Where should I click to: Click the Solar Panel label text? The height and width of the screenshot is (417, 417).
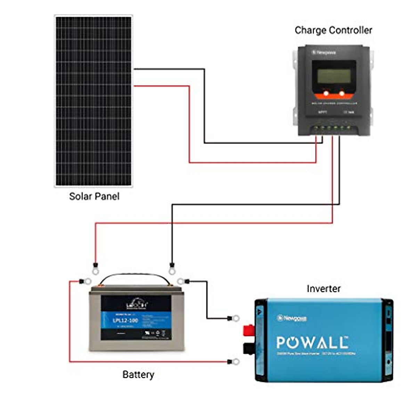tap(94, 196)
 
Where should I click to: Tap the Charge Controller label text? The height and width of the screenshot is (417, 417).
tap(333, 30)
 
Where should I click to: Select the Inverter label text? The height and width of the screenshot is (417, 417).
tap(324, 288)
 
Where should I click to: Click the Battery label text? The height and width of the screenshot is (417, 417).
tap(138, 375)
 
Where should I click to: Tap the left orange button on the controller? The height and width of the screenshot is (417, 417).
tap(326, 93)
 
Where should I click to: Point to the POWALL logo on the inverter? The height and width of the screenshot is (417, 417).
tap(312, 343)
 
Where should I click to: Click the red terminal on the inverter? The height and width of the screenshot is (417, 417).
tap(248, 330)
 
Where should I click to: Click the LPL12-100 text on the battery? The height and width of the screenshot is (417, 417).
tap(125, 320)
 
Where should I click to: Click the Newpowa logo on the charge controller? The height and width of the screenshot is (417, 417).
tap(324, 52)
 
